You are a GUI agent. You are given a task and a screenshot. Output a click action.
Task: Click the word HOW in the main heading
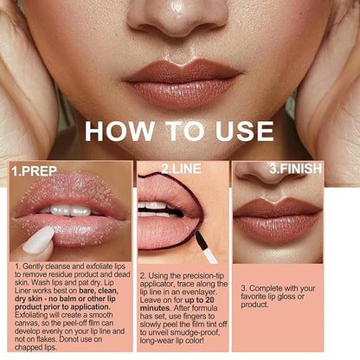(x=119, y=131)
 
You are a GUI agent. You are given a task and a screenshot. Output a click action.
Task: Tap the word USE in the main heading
(x=245, y=131)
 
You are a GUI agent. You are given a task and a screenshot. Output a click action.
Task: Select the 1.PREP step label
(x=34, y=171)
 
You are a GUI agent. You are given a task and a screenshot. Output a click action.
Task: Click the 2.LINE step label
(x=181, y=169)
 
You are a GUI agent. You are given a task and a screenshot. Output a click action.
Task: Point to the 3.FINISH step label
(x=296, y=169)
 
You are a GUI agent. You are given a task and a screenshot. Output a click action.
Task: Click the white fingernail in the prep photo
(x=38, y=241)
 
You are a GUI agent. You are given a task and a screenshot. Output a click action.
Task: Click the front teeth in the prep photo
(x=70, y=210)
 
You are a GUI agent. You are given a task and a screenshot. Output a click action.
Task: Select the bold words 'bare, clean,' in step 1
(x=99, y=291)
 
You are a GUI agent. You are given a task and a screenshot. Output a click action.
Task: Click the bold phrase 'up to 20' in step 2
(x=199, y=300)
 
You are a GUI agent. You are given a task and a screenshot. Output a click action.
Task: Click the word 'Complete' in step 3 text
(x=266, y=288)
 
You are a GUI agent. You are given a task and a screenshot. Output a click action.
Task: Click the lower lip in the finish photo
(x=277, y=228)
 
